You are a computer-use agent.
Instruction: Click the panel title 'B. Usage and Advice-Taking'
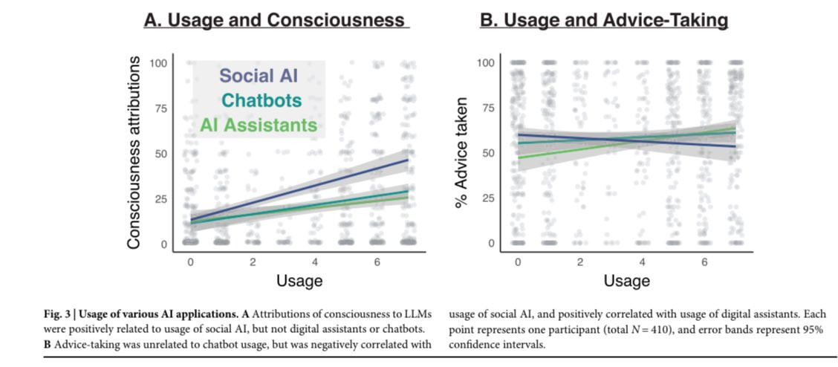point(604,20)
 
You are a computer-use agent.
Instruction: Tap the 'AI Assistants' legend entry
point(259,125)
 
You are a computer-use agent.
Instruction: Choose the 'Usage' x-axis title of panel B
point(627,281)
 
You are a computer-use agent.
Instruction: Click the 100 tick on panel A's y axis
point(157,63)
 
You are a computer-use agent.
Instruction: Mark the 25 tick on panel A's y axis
point(160,198)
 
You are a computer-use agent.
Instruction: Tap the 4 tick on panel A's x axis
point(315,262)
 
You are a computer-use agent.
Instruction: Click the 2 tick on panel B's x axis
point(579,262)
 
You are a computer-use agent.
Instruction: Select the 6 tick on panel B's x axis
point(704,262)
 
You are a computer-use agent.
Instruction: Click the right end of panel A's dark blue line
point(408,160)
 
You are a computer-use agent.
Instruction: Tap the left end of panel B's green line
point(518,157)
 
